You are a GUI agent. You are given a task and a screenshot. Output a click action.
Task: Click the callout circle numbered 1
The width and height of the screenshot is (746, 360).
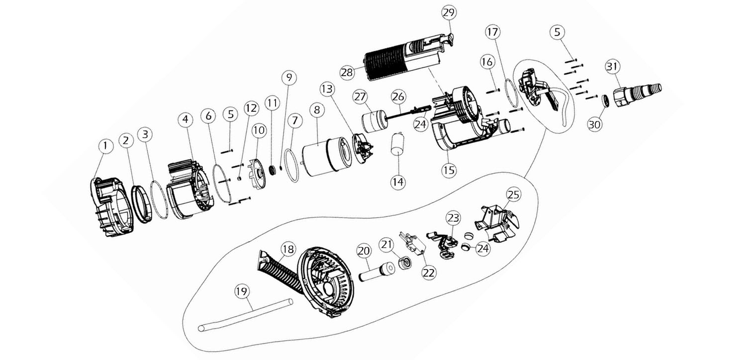105,146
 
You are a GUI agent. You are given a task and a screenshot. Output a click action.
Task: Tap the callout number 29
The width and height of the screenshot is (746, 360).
449,12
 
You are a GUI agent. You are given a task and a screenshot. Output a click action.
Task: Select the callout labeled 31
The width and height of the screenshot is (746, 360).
613,66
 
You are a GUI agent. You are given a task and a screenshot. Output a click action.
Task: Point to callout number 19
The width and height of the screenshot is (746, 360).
242,291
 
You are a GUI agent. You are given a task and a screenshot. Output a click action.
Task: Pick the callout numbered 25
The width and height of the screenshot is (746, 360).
514,194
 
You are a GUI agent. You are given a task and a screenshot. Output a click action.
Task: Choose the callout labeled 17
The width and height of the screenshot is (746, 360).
492,33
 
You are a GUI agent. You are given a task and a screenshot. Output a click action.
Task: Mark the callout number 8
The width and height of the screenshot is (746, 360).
316,109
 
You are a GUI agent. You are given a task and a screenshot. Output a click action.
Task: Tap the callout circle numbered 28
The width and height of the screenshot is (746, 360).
347,72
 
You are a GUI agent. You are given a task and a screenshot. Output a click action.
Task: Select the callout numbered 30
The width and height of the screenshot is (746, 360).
595,124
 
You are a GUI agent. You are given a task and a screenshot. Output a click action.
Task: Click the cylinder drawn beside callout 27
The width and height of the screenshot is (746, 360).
373,122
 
